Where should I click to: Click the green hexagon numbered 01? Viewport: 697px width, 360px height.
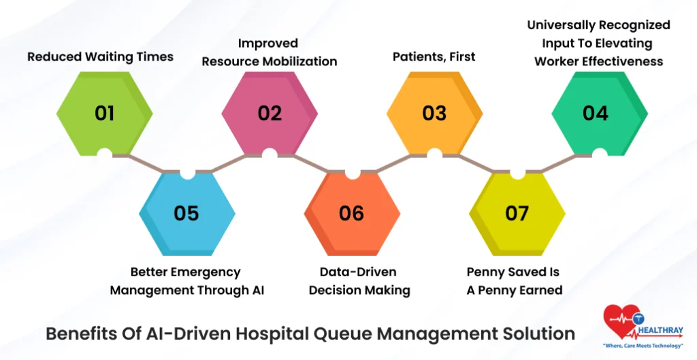104,113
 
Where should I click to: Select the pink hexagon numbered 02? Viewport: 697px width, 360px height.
270,113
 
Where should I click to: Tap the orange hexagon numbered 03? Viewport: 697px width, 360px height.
434,113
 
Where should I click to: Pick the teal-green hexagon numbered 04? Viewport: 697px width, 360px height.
596,113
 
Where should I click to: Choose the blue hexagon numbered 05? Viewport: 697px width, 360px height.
187,213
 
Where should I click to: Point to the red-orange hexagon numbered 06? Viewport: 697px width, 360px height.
352,213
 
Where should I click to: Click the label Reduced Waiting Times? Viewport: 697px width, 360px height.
100,56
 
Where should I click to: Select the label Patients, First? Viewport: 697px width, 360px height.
434,56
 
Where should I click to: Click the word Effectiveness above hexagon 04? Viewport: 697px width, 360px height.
629,61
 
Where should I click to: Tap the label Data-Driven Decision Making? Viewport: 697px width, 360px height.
359,281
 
